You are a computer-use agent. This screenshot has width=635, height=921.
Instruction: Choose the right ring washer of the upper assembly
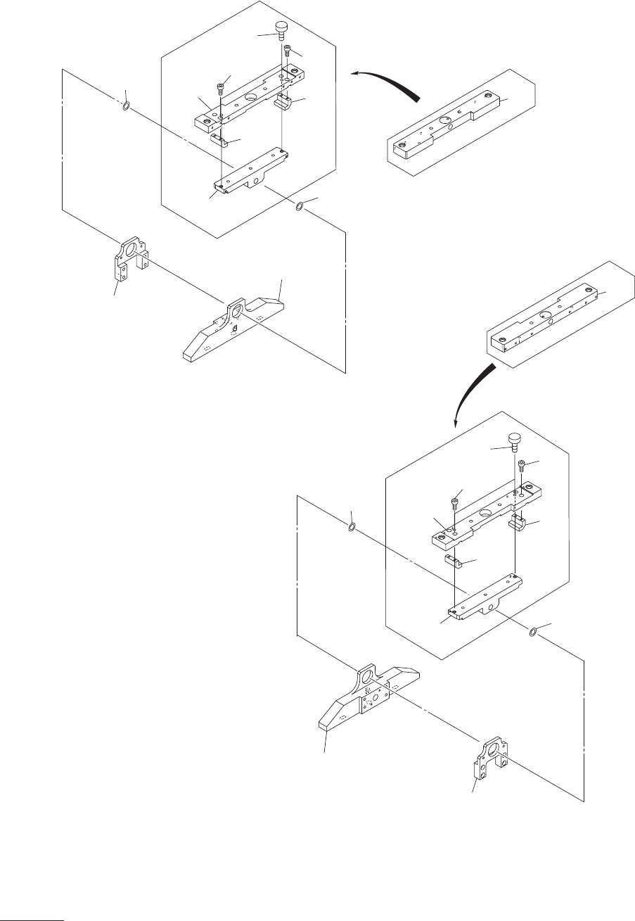299,206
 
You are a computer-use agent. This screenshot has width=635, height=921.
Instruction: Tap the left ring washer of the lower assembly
351,526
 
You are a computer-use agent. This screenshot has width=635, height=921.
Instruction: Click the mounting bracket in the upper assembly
130,259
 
